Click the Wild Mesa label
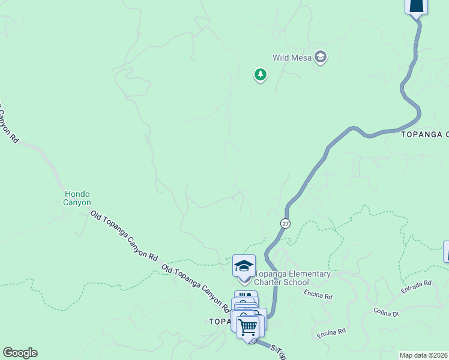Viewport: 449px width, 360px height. pos(292,58)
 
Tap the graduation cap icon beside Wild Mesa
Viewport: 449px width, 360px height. pos(321,57)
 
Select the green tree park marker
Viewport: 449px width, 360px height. pos(260,74)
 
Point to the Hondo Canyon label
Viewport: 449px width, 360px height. pos(77,198)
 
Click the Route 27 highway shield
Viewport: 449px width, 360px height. pos(285,223)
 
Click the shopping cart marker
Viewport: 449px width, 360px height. pos(247,328)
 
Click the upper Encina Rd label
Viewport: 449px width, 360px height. pos(318,295)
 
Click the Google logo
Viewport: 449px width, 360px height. pos(20,353)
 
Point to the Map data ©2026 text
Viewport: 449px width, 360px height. pos(424,355)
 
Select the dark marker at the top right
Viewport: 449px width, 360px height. pos(417,5)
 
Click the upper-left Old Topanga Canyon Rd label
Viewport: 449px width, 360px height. pos(124,235)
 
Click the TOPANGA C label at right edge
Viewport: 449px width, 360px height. pos(425,135)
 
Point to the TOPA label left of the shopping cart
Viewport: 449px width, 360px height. pos(220,322)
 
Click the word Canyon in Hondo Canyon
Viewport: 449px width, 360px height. pos(77,203)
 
